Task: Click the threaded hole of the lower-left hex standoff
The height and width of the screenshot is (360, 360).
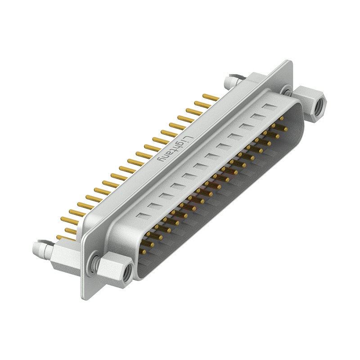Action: point(127,270)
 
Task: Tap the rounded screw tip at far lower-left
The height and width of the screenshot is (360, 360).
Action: point(37,248)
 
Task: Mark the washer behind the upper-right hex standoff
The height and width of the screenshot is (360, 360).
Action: point(287,91)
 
